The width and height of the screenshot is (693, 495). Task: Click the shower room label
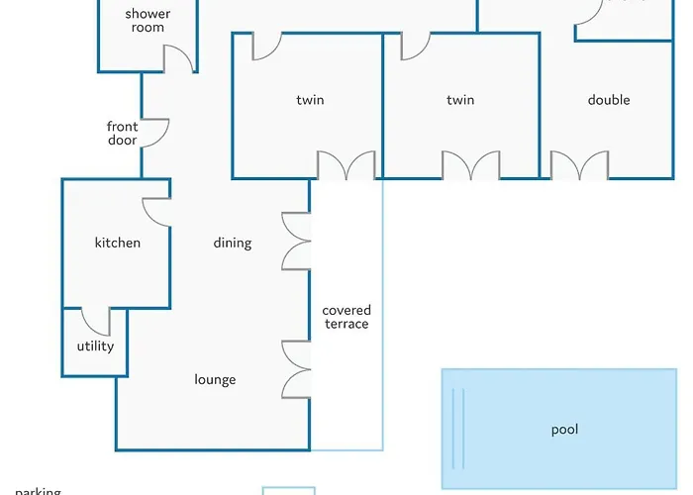point(148,21)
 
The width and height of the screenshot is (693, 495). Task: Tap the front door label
point(123,133)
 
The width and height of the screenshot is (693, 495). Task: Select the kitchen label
point(118,243)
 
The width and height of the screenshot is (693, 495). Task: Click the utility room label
point(95,346)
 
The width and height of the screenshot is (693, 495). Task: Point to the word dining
point(233,243)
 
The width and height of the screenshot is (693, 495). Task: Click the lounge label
point(215,379)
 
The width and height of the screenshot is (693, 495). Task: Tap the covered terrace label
point(346,317)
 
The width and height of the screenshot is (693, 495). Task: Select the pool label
point(564,430)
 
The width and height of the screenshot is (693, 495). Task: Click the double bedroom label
point(609,100)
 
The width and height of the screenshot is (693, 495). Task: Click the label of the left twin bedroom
point(310,100)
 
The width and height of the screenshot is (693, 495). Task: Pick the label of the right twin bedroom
point(460,100)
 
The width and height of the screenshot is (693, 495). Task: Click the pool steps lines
point(458,429)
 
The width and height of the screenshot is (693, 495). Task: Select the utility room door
point(96,321)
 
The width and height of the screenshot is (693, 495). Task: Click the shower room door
point(178,58)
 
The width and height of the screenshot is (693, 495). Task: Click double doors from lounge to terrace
point(296,369)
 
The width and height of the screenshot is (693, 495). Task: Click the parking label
point(38,490)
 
